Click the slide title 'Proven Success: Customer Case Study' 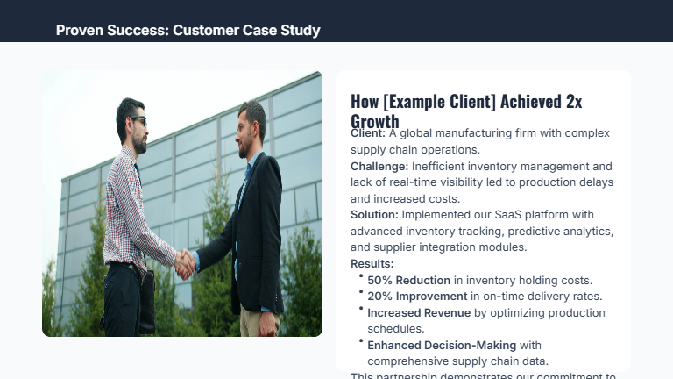pyautogui.click(x=188, y=31)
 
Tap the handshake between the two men pyautogui.click(x=185, y=264)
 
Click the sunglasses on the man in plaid pyautogui.click(x=137, y=120)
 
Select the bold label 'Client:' pyautogui.click(x=368, y=133)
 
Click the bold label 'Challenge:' pyautogui.click(x=379, y=166)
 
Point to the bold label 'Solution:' pyautogui.click(x=374, y=215)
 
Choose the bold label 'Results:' pyautogui.click(x=372, y=263)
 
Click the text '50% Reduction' pyautogui.click(x=408, y=281)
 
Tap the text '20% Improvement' pyautogui.click(x=417, y=297)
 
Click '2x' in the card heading pyautogui.click(x=573, y=101)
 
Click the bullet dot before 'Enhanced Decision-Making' pyautogui.click(x=361, y=340)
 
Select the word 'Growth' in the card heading pyautogui.click(x=375, y=121)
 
